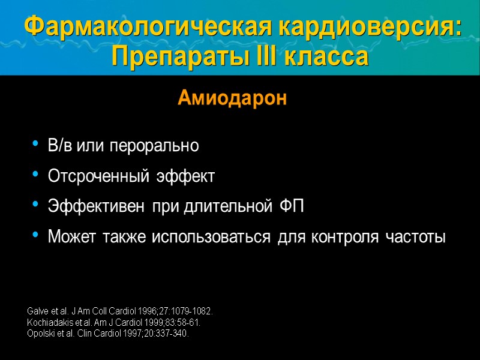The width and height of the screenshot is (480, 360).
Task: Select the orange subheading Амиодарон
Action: click(232, 99)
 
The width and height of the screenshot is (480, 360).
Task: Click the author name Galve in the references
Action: click(38, 313)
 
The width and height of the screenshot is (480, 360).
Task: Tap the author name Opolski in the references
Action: click(41, 333)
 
